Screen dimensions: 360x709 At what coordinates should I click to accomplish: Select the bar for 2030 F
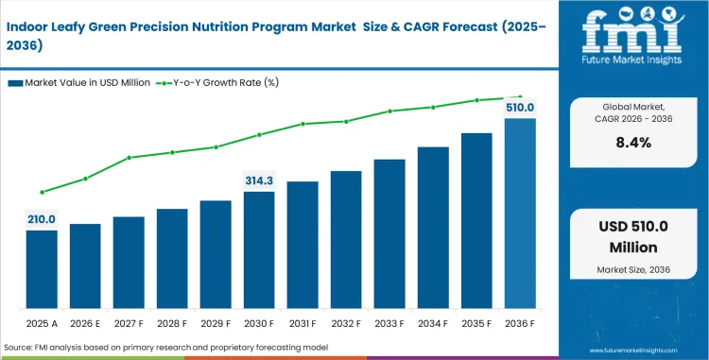(x=259, y=250)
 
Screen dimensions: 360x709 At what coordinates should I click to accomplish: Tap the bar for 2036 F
(x=520, y=214)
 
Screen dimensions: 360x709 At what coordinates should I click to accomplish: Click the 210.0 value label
(x=42, y=219)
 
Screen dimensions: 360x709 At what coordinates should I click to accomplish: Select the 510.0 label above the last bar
(x=520, y=108)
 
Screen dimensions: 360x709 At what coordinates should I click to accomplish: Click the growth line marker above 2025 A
(x=42, y=192)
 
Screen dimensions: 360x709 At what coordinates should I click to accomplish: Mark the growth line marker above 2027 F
(x=129, y=157)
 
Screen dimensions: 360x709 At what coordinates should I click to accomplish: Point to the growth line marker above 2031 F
(x=303, y=124)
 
